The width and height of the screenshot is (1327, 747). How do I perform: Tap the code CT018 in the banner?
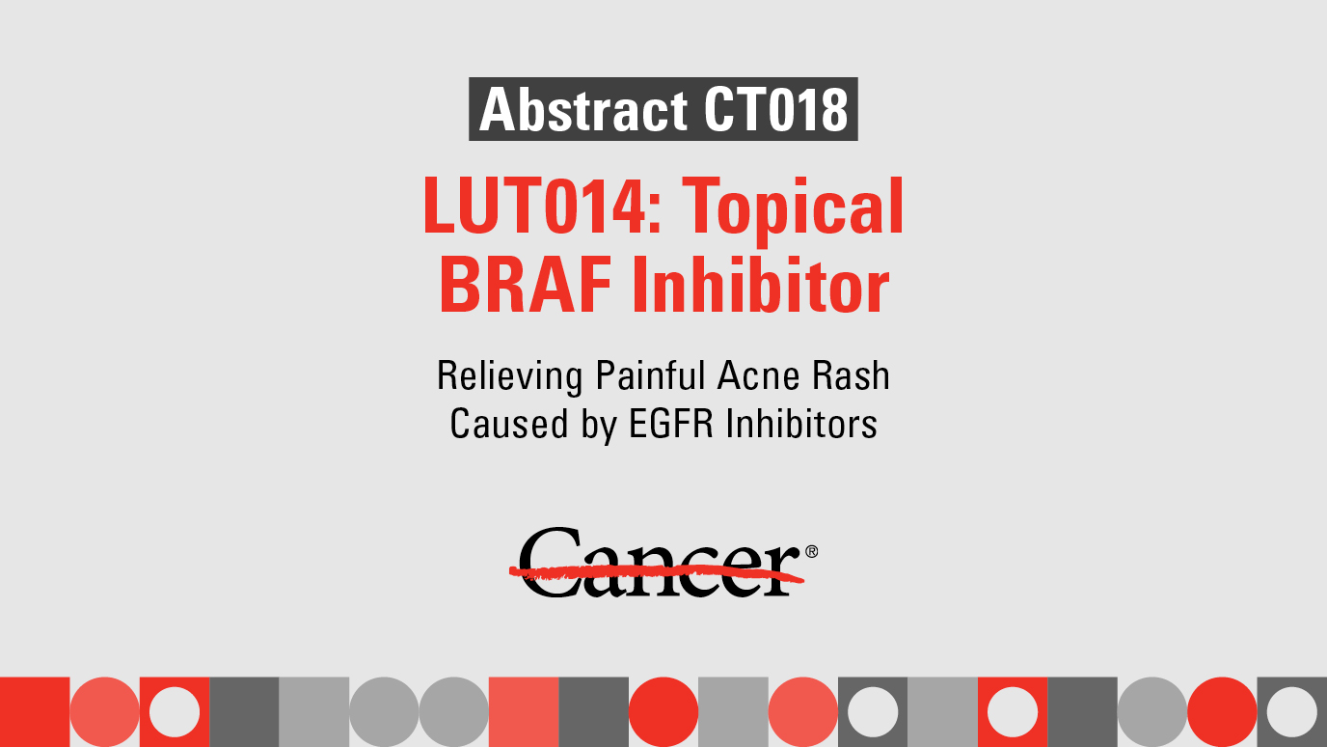(x=775, y=110)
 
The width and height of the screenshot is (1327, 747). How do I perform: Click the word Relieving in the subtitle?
(x=510, y=375)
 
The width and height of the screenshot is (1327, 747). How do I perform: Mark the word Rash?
(x=849, y=375)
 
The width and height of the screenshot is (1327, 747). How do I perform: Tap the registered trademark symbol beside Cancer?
(x=811, y=551)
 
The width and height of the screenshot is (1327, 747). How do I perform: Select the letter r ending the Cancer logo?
(x=784, y=569)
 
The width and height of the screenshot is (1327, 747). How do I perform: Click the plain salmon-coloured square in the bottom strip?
(x=524, y=712)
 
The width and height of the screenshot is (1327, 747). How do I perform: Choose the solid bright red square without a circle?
(x=35, y=712)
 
